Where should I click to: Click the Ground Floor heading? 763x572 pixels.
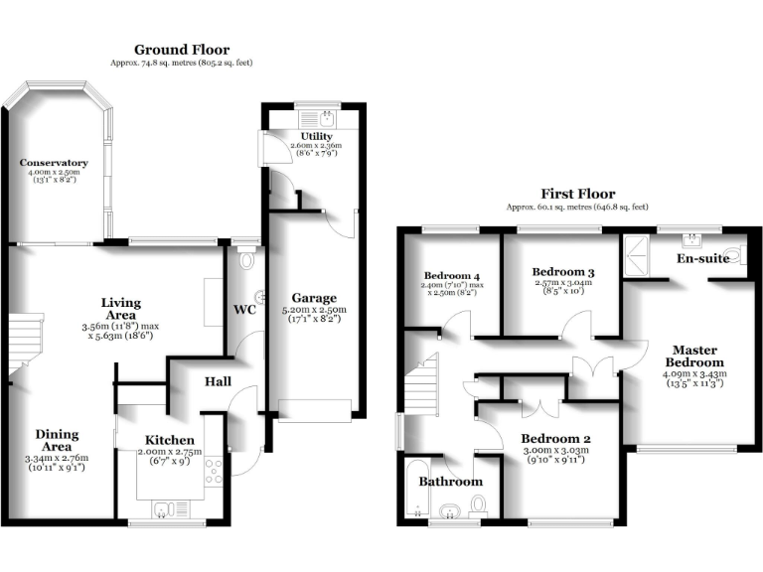pyautogui.click(x=181, y=50)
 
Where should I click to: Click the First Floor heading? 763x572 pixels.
pyautogui.click(x=577, y=194)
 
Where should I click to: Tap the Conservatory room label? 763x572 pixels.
pyautogui.click(x=54, y=163)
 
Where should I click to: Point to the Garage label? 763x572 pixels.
pyautogui.click(x=314, y=297)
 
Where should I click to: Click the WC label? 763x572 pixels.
pyautogui.click(x=245, y=310)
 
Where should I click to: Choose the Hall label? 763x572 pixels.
pyautogui.click(x=220, y=381)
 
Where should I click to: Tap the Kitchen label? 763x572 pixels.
pyautogui.click(x=170, y=440)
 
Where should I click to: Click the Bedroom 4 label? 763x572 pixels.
pyautogui.click(x=450, y=276)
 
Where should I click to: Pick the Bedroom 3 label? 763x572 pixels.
pyautogui.click(x=562, y=272)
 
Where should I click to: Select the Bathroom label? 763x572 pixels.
pyautogui.click(x=451, y=482)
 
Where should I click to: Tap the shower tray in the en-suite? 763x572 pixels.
pyautogui.click(x=636, y=257)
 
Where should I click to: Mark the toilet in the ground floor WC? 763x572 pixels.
pyautogui.click(x=247, y=260)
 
